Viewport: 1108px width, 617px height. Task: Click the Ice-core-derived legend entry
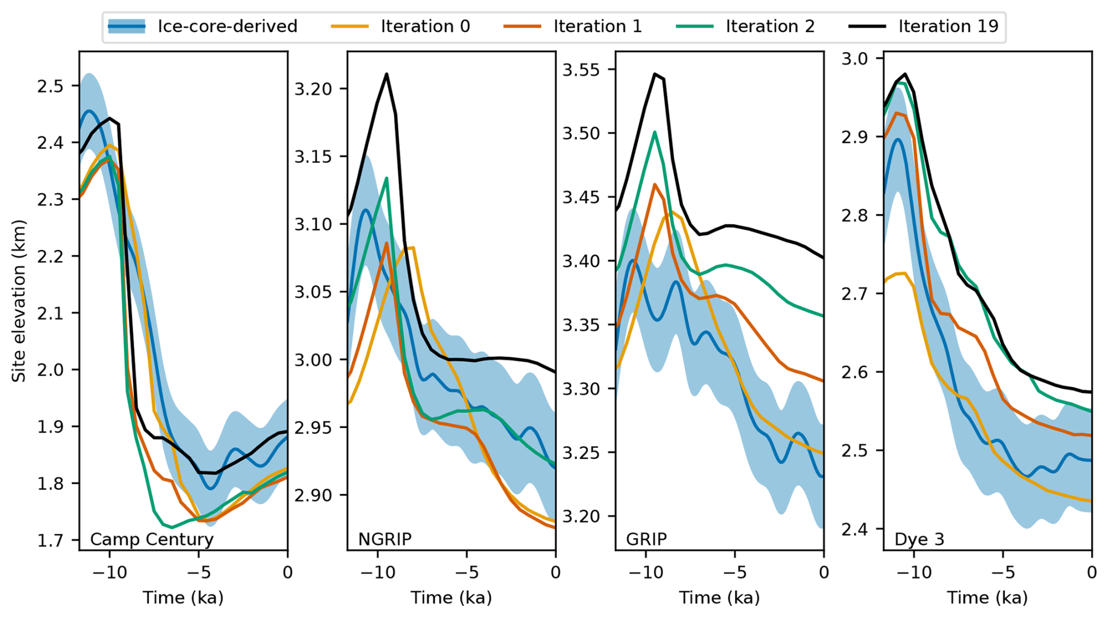click(x=227, y=26)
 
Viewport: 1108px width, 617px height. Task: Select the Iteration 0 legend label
click(x=425, y=26)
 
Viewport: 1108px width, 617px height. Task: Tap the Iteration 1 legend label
click(x=597, y=26)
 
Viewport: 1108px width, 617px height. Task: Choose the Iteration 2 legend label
click(x=770, y=26)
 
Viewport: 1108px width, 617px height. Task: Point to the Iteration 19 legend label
click(x=948, y=26)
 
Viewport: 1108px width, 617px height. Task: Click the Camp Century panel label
click(x=152, y=539)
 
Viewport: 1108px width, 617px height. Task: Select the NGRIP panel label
click(x=385, y=539)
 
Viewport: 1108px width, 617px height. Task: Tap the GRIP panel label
click(x=647, y=539)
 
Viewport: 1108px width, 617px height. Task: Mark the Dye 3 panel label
click(x=919, y=539)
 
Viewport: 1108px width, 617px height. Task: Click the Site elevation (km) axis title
click(x=19, y=301)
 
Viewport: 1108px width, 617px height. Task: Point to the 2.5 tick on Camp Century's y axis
click(x=50, y=86)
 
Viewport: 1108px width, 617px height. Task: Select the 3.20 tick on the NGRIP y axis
click(x=313, y=89)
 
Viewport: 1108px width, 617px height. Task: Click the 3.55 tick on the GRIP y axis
click(x=582, y=70)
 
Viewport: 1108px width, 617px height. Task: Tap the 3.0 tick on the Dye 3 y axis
click(x=854, y=59)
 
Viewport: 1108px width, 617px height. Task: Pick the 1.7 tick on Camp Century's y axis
click(x=50, y=540)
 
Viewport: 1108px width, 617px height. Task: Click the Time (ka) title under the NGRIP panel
click(x=451, y=597)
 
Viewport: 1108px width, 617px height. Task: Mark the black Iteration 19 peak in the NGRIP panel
click(x=387, y=74)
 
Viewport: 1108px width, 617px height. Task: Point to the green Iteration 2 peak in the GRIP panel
click(x=655, y=132)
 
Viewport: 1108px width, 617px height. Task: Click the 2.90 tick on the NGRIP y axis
click(x=313, y=495)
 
